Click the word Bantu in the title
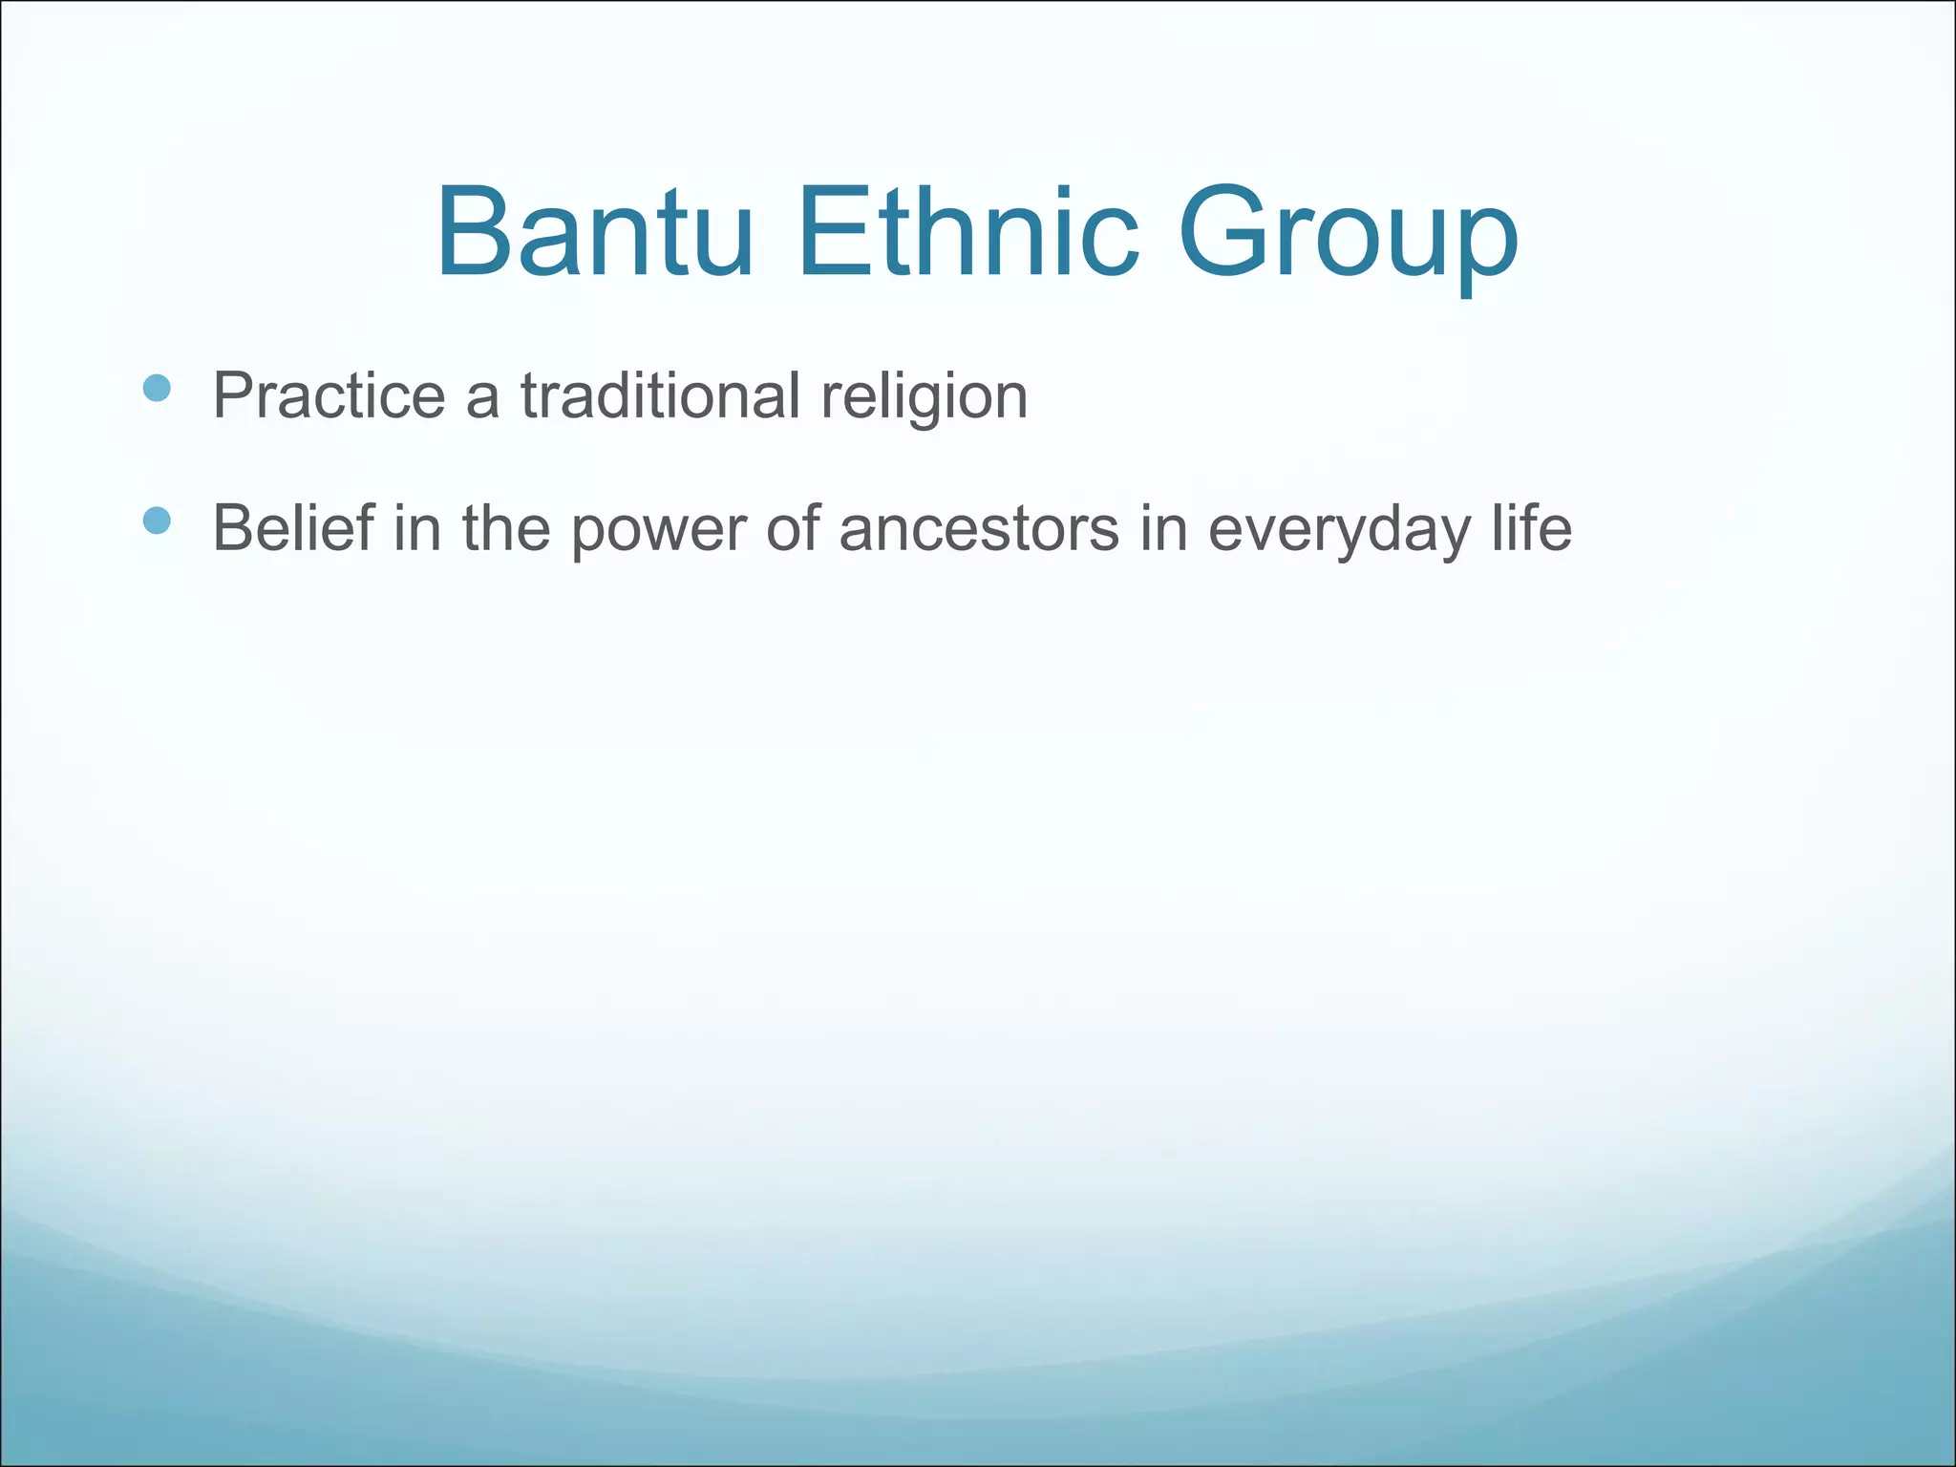594,234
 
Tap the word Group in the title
1348,239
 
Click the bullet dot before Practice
156,388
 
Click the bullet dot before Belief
156,521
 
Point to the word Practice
329,395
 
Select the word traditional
660,395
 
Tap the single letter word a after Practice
482,399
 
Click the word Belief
293,527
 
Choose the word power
658,531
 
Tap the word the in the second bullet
506,527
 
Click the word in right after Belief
417,527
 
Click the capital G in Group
1222,234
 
